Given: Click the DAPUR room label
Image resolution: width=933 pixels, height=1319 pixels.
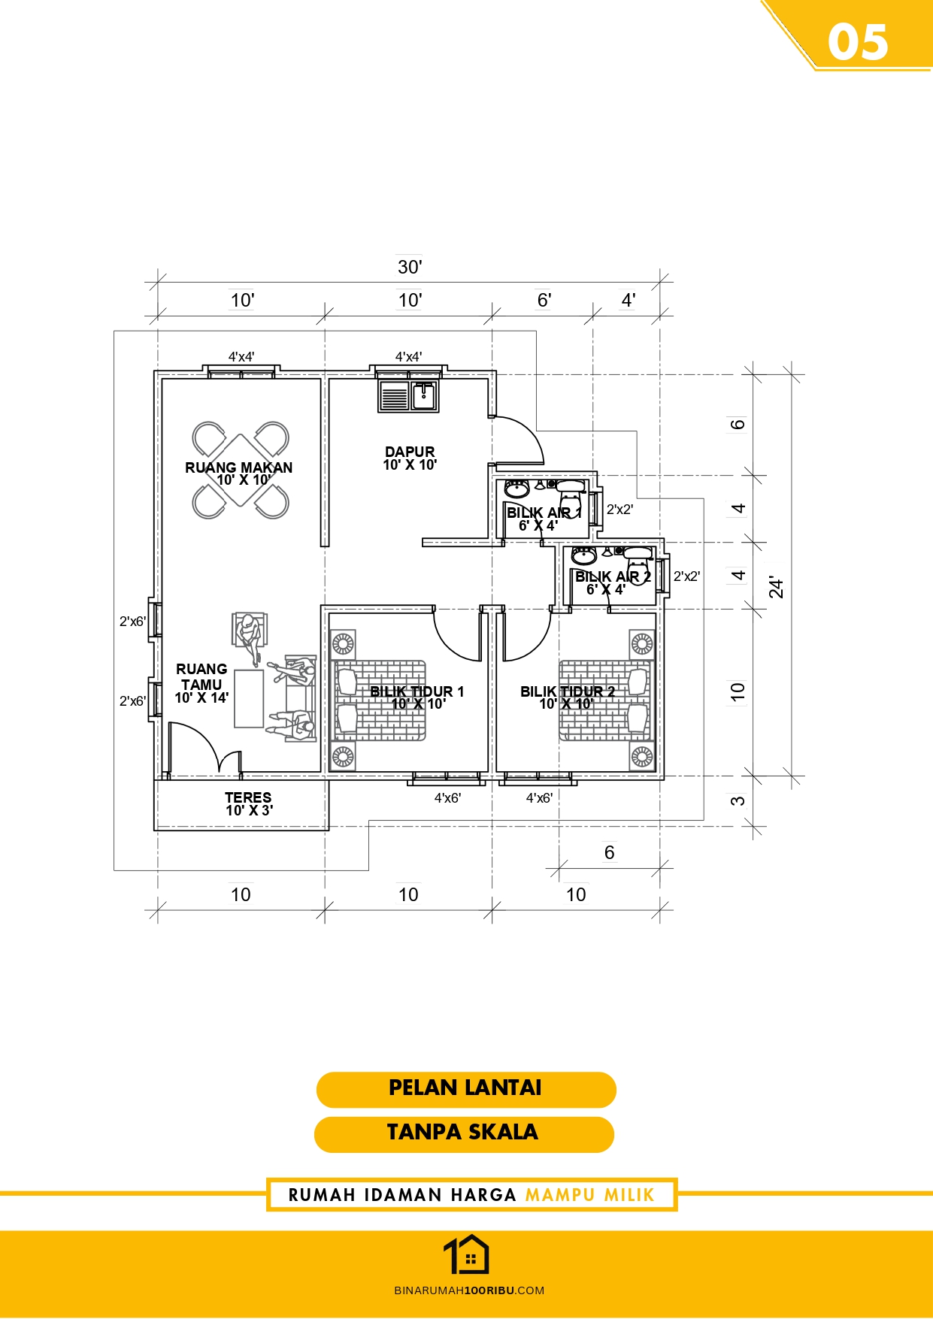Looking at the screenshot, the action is pos(410,452).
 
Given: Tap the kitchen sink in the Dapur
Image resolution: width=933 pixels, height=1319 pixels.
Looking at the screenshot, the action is pos(408,396).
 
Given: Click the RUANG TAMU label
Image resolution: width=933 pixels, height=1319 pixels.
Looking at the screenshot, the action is pos(201,676).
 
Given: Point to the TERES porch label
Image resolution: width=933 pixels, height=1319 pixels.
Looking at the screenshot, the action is pos(248,797).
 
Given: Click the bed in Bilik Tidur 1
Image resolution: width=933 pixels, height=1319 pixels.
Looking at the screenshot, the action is pos(378,700).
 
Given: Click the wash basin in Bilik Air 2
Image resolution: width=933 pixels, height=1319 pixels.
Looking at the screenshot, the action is pos(584,555).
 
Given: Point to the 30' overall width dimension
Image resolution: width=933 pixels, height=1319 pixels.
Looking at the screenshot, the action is pos(410,267).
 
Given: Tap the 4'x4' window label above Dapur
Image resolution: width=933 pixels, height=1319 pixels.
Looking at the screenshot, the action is pos(408,357).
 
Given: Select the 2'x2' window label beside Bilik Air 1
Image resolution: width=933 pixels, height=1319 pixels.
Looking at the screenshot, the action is pos(619,510).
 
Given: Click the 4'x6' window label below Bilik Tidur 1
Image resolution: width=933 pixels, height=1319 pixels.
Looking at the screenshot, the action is pos(447,798).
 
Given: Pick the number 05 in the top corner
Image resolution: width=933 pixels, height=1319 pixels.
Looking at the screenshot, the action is pos(858,42).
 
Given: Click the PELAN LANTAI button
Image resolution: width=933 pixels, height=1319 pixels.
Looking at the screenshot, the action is pos(466,1089).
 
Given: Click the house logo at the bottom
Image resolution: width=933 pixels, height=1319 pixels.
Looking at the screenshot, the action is pos(466,1255).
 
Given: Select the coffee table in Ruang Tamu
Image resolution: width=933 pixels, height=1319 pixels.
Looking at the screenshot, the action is pos(249,699).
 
